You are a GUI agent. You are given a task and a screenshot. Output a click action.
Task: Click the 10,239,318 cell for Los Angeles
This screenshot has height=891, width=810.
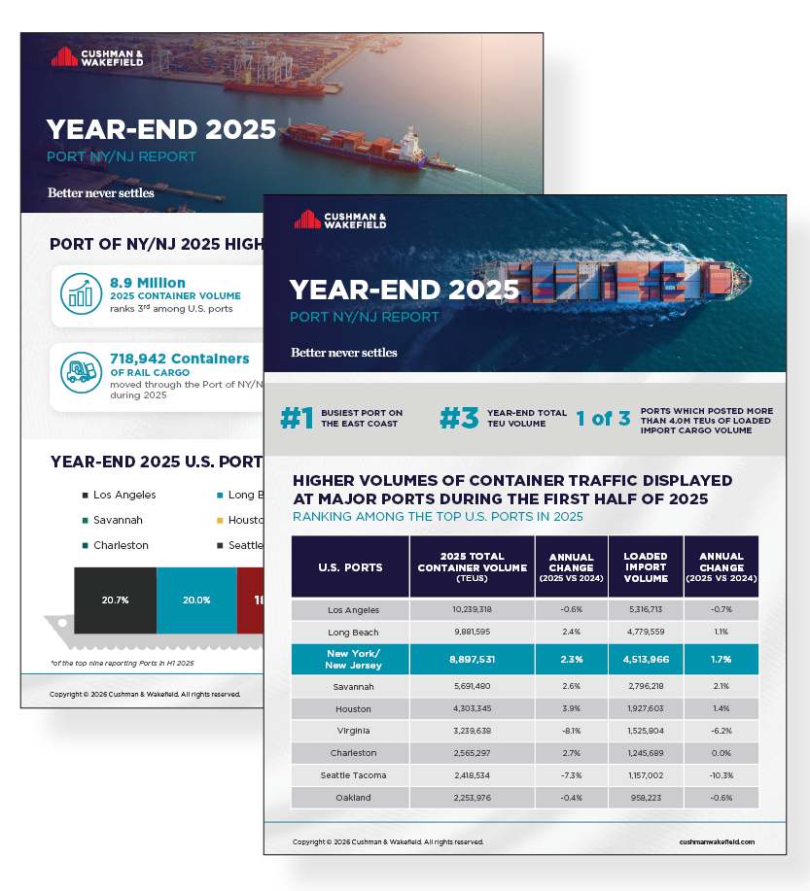pos(472,610)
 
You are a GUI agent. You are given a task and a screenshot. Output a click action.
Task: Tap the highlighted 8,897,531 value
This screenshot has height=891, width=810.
pos(472,658)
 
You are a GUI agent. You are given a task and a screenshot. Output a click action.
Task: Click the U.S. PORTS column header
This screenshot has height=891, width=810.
pos(350,566)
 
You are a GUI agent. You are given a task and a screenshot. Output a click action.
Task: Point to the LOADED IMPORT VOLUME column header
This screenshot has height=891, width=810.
pos(645,566)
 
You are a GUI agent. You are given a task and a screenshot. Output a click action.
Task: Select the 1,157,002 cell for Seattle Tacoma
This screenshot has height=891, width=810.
pos(645,774)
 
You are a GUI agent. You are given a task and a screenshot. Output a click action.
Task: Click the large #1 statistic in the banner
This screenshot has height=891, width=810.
pos(298,419)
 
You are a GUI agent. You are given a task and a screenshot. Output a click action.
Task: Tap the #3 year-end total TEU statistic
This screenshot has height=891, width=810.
pos(460,419)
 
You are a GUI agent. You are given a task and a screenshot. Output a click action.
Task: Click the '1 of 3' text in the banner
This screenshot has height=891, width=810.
pos(602,419)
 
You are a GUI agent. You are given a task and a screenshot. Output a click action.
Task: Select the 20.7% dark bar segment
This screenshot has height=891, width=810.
pos(115,600)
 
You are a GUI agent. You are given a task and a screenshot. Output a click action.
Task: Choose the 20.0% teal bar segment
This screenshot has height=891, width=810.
pos(196,600)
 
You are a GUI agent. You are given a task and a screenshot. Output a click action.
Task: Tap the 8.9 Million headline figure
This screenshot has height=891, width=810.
pos(147,283)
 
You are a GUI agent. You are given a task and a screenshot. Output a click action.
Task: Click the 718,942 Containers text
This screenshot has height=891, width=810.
pos(179,359)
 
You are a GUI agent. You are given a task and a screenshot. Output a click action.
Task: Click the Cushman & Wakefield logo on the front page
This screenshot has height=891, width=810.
pos(340,220)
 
